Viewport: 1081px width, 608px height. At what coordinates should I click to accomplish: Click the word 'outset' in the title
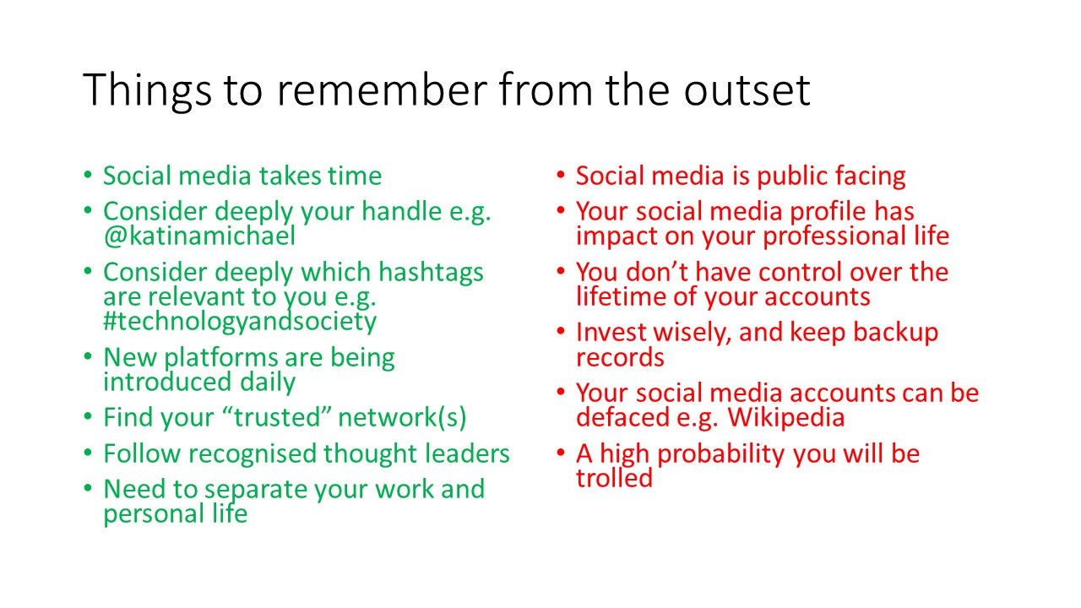pos(747,90)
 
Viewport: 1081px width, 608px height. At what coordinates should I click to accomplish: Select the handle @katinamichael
pos(199,236)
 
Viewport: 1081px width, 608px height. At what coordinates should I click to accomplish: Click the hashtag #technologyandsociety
pos(240,322)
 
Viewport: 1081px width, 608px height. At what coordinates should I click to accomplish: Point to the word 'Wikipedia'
pos(785,417)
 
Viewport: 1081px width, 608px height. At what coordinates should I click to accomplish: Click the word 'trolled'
pos(614,478)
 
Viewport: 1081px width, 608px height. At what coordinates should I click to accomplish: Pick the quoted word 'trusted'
pos(276,417)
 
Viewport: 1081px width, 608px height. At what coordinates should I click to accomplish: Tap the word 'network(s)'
pos(402,417)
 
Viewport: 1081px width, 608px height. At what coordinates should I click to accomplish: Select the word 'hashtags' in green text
pos(431,272)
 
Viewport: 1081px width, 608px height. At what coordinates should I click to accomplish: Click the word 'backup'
pos(895,332)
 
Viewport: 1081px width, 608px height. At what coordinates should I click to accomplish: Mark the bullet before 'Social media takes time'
pos(87,174)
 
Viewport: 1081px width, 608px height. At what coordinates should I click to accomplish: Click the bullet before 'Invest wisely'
pos(560,331)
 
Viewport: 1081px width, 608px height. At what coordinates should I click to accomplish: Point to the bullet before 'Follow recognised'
pos(87,452)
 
